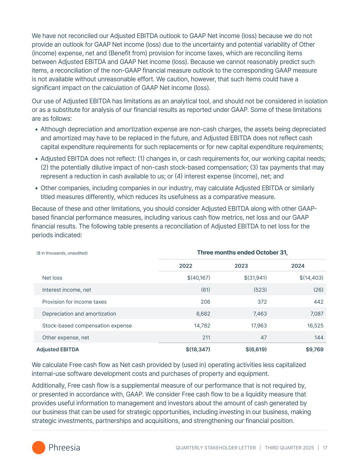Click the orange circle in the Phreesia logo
point(39,448)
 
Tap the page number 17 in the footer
point(325,448)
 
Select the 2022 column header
point(186,266)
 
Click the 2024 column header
point(298,266)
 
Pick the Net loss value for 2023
point(255,278)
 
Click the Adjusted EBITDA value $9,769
point(315,350)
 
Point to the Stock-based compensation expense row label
point(87,326)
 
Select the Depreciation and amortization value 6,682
point(203,314)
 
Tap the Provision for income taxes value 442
point(319,302)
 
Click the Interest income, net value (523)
point(260,290)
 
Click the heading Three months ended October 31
point(242,253)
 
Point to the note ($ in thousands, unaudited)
point(62,253)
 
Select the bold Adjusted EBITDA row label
point(58,350)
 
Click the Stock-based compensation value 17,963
point(259,326)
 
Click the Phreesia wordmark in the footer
point(64,448)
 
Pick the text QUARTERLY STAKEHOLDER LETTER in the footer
point(216,448)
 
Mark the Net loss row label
point(52,278)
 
